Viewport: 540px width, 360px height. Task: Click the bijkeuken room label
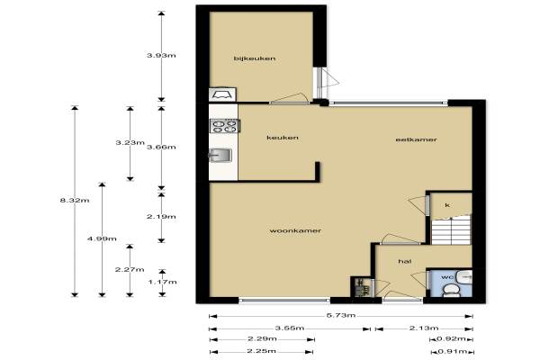click(x=255, y=58)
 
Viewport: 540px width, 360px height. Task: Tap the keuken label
click(x=283, y=138)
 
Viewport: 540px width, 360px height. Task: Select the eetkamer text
click(x=417, y=139)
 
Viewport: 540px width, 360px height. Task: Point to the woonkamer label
click(x=295, y=230)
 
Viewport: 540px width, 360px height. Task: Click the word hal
click(x=405, y=262)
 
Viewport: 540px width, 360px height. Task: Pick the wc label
click(x=446, y=277)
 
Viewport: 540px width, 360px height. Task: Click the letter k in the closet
click(x=447, y=205)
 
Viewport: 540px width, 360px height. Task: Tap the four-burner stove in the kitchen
click(x=225, y=126)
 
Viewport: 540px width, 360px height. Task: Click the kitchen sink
click(x=220, y=155)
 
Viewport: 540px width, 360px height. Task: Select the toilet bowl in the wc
click(x=452, y=290)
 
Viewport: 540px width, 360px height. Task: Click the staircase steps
click(x=451, y=229)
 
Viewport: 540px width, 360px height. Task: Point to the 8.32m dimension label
click(x=75, y=200)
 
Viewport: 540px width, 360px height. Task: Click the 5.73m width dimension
click(x=341, y=315)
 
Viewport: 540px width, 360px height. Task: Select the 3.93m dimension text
click(x=161, y=55)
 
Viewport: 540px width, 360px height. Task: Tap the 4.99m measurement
click(x=102, y=238)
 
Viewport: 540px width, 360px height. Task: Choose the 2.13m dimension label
click(x=424, y=328)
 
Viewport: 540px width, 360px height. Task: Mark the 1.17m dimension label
click(x=163, y=282)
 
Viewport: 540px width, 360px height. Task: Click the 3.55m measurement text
click(x=290, y=328)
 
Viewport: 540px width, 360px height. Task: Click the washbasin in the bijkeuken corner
click(x=223, y=94)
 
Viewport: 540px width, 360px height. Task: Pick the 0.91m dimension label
click(x=452, y=351)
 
